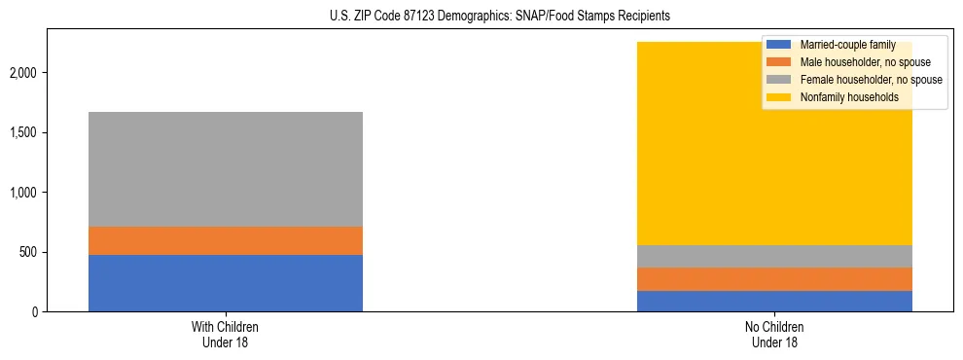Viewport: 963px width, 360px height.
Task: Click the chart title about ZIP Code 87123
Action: point(482,17)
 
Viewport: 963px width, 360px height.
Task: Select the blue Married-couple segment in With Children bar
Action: point(225,283)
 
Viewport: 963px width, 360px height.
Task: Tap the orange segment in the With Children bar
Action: point(225,240)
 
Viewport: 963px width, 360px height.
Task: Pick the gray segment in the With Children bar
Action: point(225,169)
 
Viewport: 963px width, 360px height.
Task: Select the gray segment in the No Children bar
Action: point(774,256)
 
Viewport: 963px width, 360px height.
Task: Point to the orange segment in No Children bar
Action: point(774,279)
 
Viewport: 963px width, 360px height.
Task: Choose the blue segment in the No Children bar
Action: point(774,302)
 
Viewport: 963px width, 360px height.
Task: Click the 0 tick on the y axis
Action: point(36,312)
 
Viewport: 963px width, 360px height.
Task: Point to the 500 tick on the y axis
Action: point(30,253)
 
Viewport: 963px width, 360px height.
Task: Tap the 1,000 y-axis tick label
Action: point(26,193)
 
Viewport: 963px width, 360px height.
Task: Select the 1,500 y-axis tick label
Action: point(26,132)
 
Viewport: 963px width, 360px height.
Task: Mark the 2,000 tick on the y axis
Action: point(26,73)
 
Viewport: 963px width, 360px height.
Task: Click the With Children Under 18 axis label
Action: point(225,334)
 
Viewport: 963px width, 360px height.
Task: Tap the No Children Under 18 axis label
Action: point(774,334)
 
